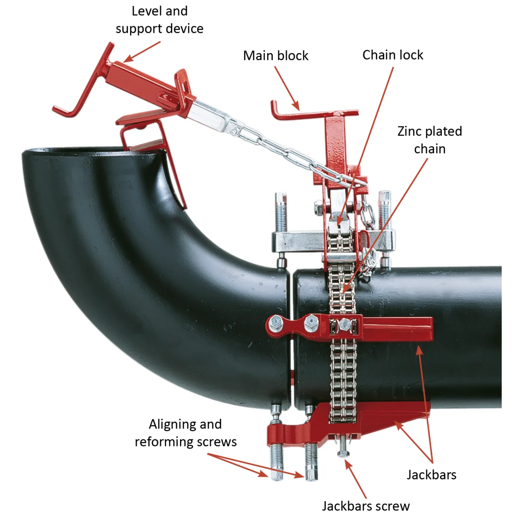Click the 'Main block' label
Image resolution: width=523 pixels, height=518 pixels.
276,56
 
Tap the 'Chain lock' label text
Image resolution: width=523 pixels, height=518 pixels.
393,55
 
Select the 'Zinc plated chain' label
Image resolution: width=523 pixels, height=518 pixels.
429,140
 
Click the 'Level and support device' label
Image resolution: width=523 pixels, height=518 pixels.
159,20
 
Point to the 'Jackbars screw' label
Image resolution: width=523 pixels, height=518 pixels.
365,505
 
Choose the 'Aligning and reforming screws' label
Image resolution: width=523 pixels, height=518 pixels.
186,433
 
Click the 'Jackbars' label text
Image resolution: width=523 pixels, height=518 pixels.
431,474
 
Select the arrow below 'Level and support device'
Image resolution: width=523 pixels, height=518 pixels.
142,51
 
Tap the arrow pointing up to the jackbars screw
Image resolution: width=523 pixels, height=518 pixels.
356,479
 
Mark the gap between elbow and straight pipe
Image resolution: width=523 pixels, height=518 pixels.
290,337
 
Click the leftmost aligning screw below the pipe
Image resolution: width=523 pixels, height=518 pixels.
276,462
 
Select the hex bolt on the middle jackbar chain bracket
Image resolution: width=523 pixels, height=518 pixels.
344,324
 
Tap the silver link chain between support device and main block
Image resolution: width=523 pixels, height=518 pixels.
276,147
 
